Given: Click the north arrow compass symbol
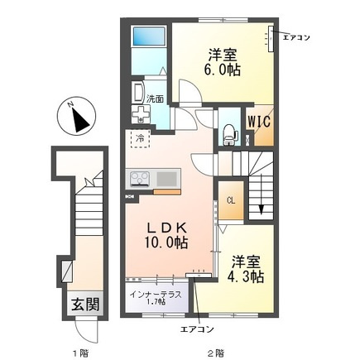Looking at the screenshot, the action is coord(76,117).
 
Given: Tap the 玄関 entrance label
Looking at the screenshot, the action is coord(85,305).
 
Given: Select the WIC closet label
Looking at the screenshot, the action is coord(259,122).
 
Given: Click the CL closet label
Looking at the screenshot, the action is coord(231,200).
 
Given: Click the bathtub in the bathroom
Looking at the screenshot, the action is coord(149,36).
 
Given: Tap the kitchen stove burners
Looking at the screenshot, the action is coord(140,178).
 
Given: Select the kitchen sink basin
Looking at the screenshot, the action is coord(166,179).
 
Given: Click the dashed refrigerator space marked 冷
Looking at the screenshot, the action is coord(140,138).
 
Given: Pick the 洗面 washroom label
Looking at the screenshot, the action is coord(155,98).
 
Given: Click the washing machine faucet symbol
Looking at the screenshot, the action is coord(140,114).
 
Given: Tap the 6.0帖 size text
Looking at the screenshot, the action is coord(222,70).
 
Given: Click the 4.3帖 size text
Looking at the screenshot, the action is coord(245,276).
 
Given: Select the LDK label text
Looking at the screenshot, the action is coord(166,228).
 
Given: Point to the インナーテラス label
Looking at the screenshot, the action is coord(156,295).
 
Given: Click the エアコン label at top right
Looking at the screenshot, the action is coord(296,37).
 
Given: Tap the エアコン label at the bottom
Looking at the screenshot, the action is coord(197,329).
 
